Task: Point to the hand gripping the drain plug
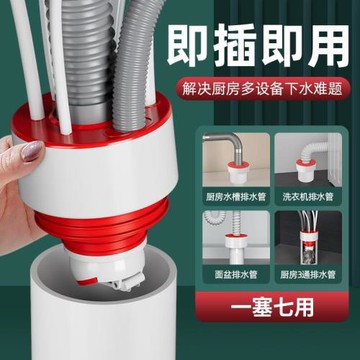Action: pos(25,190)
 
